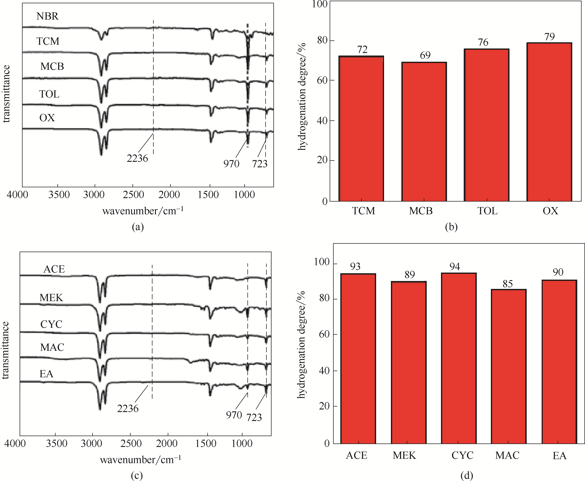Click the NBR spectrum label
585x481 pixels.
click(47, 16)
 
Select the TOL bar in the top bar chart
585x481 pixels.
click(487, 125)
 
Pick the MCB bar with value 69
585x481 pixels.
click(424, 132)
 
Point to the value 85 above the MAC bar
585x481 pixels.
click(507, 284)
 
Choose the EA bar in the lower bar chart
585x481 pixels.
click(559, 362)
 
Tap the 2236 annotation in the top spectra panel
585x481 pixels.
click(137, 159)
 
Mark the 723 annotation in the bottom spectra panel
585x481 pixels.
click(254, 417)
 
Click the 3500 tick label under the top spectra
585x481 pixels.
click(59, 195)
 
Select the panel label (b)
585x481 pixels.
click(451, 227)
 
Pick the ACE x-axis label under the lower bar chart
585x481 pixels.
click(357, 456)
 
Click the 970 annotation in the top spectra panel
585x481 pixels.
click(231, 164)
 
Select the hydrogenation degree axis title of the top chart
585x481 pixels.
click(301, 97)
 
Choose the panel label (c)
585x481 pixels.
click(137, 475)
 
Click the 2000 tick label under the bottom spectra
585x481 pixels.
click(167, 444)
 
